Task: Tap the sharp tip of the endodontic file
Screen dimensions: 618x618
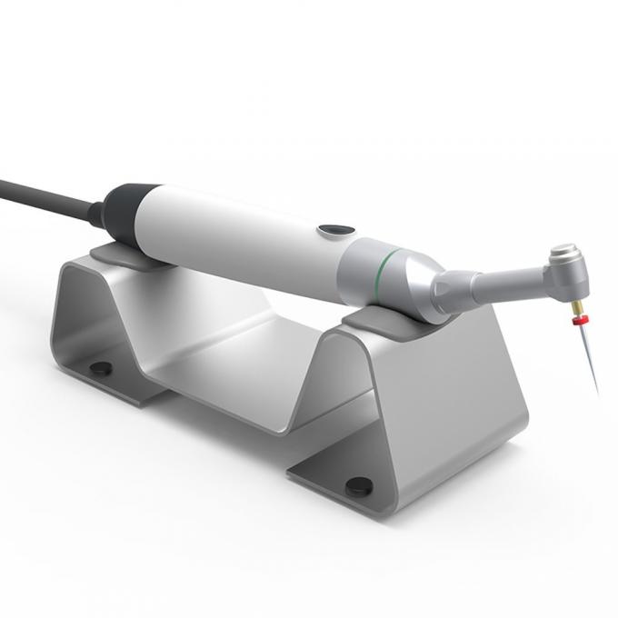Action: (x=597, y=393)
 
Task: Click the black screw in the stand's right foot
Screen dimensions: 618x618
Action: (x=358, y=486)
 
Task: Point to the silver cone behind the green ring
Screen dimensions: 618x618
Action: (x=416, y=282)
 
